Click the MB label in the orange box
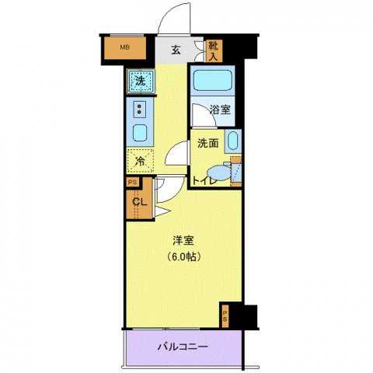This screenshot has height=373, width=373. (124, 49)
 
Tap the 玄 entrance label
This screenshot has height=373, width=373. (176, 50)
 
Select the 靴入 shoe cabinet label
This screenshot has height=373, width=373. (214, 50)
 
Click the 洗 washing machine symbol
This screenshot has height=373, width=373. (140, 80)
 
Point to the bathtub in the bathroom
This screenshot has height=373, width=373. (212, 82)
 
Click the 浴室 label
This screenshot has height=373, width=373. (220, 111)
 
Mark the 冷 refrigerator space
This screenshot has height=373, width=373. (140, 161)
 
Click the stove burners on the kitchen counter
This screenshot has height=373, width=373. (140, 109)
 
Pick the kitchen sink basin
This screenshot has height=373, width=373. (140, 132)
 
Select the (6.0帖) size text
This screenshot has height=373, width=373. (183, 256)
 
